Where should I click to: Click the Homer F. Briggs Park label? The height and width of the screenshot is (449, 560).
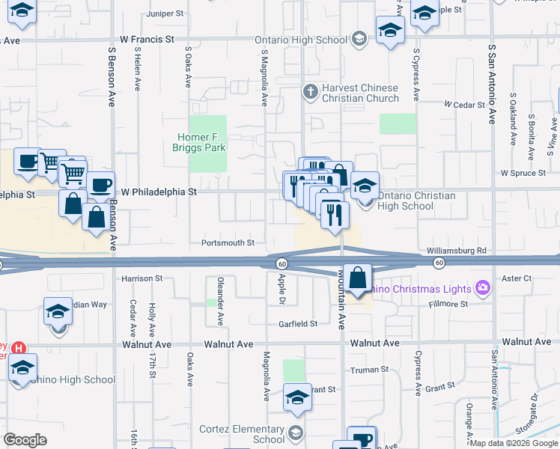point(201,142)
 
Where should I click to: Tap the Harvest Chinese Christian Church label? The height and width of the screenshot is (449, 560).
point(360,93)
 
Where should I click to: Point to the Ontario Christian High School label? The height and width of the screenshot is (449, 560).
point(416,201)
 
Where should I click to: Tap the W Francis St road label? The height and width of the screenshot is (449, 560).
point(147,37)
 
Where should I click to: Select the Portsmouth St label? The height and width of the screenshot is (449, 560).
point(228,243)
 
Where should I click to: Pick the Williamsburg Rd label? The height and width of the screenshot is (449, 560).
point(457,251)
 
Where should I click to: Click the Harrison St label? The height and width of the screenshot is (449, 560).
point(141,278)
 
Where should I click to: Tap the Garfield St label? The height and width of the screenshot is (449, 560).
point(299,324)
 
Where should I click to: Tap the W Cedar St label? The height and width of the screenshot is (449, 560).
point(465,105)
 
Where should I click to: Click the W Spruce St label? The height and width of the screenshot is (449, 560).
point(526,173)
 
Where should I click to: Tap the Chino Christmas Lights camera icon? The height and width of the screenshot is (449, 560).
point(482,288)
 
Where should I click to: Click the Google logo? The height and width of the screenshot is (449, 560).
point(25,440)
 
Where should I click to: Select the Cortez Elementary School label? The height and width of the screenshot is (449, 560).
point(242,434)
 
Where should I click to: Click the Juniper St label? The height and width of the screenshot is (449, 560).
point(165,13)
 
